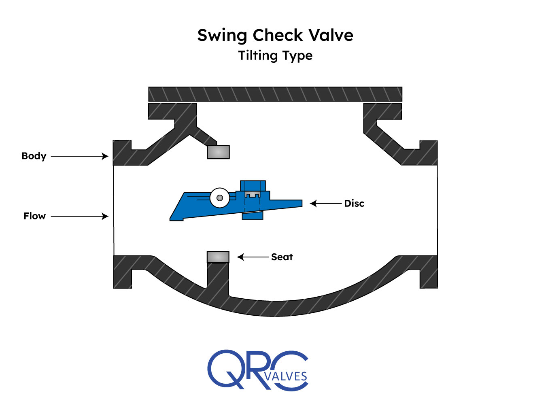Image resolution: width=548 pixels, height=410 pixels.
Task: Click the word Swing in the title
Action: click(x=222, y=36)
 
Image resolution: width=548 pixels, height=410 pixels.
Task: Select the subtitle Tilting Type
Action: click(x=275, y=55)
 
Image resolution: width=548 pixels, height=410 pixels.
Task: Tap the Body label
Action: click(x=34, y=156)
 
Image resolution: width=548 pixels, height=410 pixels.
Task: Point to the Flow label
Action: click(x=34, y=216)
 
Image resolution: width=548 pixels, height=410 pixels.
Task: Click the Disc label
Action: click(x=354, y=204)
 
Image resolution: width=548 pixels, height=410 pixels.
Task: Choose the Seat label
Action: click(x=282, y=257)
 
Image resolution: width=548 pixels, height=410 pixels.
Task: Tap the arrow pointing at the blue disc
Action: click(x=326, y=204)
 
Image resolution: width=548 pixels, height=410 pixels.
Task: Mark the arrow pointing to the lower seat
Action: click(x=253, y=257)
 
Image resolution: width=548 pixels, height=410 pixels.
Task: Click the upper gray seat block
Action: click(x=218, y=152)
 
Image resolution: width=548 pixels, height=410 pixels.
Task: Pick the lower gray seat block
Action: click(x=218, y=257)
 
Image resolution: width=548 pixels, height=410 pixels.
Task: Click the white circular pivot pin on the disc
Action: click(x=220, y=198)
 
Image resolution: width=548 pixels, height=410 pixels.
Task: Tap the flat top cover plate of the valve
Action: click(x=275, y=94)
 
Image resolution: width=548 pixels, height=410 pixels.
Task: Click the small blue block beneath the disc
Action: click(x=253, y=216)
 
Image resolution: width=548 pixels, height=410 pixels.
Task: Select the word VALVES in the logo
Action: click(x=286, y=376)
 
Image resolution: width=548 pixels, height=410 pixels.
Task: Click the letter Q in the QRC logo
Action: click(x=225, y=369)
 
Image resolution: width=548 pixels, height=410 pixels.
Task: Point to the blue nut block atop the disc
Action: click(x=253, y=186)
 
